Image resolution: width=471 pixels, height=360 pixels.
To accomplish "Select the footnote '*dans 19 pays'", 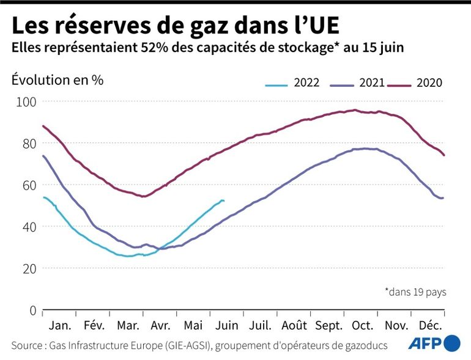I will point(415,292).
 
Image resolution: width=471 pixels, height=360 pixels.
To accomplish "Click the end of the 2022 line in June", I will point(224,200).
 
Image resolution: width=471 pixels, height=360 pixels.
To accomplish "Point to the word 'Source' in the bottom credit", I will point(28,345).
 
